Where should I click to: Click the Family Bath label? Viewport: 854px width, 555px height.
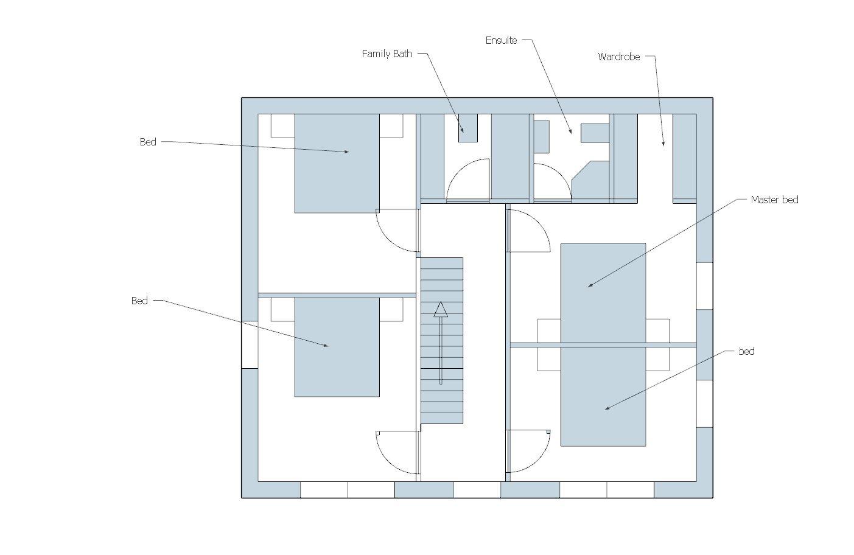tap(387, 54)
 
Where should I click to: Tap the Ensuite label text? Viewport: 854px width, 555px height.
tap(501, 40)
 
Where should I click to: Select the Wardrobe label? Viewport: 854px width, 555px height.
tap(619, 57)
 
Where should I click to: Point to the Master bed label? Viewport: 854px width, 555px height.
tap(774, 200)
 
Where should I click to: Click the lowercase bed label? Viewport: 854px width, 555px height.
tap(746, 351)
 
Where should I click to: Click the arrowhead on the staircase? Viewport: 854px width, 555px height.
tap(441, 310)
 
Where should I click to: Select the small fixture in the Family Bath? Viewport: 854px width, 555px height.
tap(468, 128)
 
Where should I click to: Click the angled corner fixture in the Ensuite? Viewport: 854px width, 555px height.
tap(590, 180)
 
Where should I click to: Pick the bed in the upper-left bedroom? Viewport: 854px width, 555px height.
tap(337, 163)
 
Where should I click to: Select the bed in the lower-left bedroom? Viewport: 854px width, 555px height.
tap(337, 347)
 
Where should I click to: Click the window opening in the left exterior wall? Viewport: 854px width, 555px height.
tap(250, 344)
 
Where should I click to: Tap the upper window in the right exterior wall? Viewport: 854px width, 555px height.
tap(704, 286)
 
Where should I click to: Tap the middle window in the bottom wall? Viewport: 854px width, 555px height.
tap(477, 490)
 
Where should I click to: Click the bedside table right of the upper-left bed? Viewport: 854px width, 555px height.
tap(391, 126)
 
